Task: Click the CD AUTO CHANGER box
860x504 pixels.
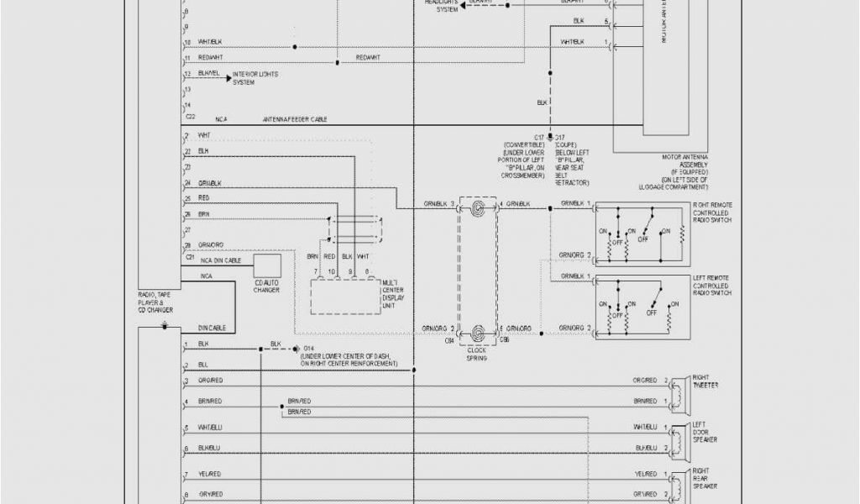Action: (267, 265)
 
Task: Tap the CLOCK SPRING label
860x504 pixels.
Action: (477, 354)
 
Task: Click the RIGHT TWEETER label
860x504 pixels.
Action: (705, 381)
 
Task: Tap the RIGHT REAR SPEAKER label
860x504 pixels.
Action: (705, 476)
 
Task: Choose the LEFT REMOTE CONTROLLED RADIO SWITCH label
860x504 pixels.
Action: (711, 286)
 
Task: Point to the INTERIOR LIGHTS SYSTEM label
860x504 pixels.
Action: (255, 78)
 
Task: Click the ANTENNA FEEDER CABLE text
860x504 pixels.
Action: (295, 119)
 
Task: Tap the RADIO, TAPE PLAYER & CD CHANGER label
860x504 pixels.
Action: (155, 302)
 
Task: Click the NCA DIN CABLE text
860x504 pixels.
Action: (219, 261)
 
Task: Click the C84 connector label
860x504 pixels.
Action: (449, 340)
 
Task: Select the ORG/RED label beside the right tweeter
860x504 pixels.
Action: (644, 381)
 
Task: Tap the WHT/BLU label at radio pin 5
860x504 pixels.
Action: (209, 428)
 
